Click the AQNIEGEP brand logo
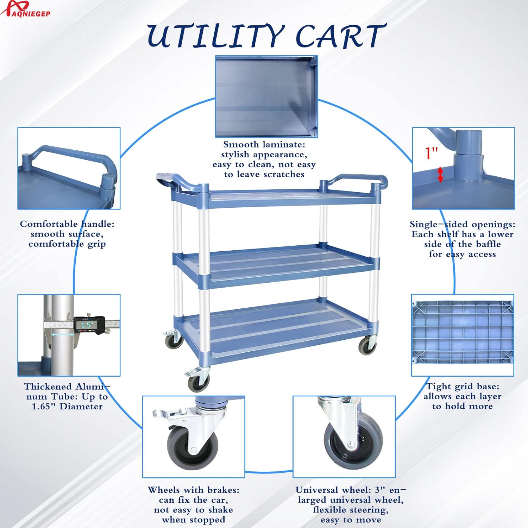pos(25,8)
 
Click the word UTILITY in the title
pos(215,36)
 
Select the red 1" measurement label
pos(432,153)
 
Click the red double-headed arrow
pos(440,175)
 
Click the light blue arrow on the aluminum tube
pos(63,335)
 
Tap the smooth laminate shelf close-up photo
pos(266,96)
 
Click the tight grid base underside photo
pos(463,335)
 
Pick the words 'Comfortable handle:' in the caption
pos(67,224)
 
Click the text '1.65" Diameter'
pos(67,407)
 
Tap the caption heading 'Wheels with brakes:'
pos(194,490)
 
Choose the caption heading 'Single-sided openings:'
pos(463,224)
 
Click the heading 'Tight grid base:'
pos(463,386)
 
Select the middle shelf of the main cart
pos(276,264)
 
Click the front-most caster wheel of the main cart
pos(199,382)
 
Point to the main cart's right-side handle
pos(356,182)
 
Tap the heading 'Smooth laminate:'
pos(264,145)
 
